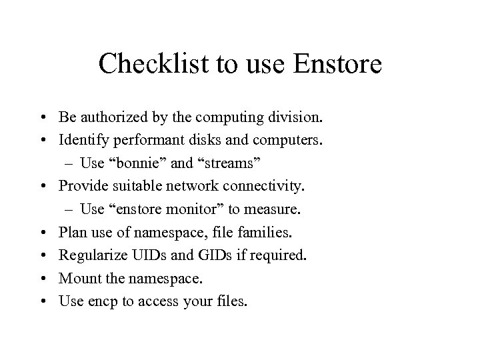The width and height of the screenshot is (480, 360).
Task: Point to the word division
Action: tap(297, 118)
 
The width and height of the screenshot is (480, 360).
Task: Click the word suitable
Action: tap(127, 187)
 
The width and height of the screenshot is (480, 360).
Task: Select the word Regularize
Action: tap(89, 255)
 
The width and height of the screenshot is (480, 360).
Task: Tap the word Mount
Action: tap(77, 278)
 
